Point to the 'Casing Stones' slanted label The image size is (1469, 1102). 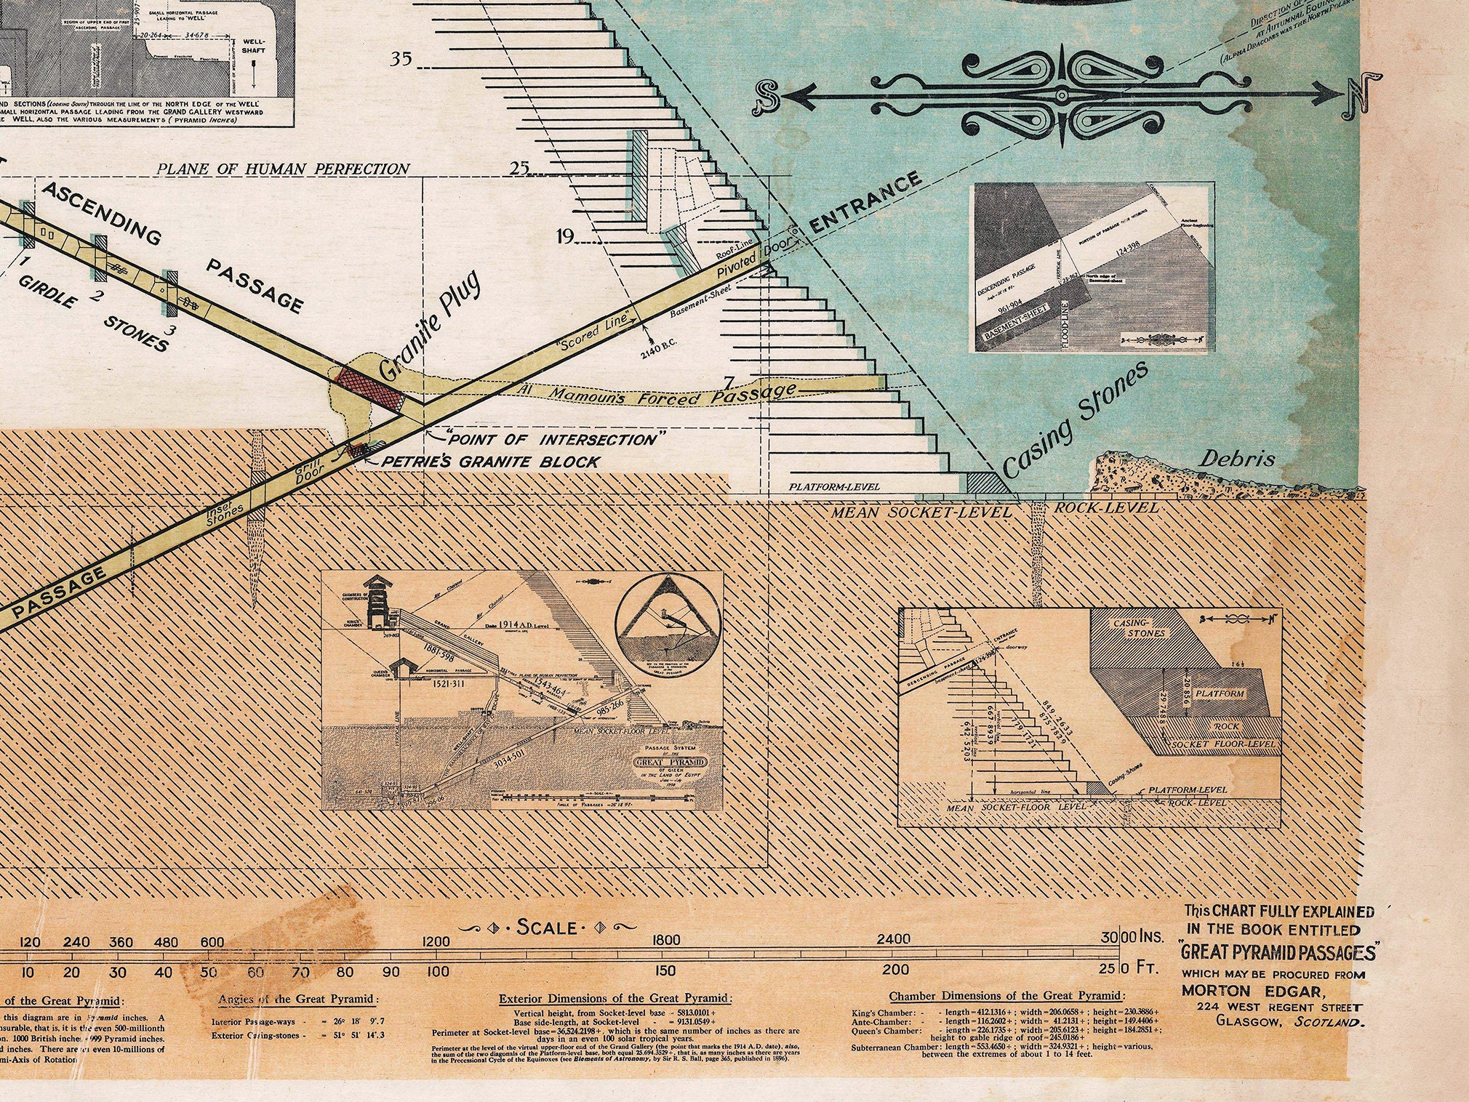point(1076,419)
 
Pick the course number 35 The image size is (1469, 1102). point(401,59)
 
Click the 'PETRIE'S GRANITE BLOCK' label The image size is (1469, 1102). point(491,462)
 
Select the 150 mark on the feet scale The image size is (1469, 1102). point(665,970)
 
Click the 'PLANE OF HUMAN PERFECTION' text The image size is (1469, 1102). point(284,169)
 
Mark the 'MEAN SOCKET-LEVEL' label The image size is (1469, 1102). point(921,512)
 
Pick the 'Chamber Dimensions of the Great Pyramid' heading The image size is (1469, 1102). point(1006,996)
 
